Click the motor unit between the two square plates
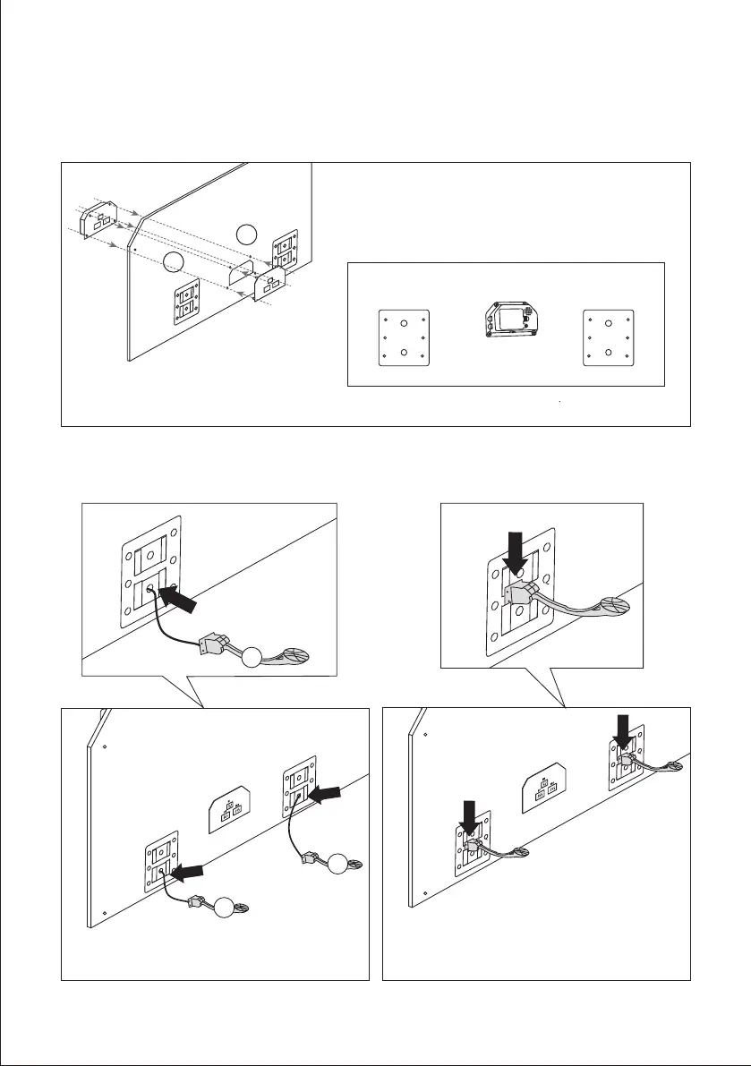point(507,320)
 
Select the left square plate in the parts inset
point(405,337)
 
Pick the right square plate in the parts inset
point(609,337)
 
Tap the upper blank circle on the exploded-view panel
point(249,235)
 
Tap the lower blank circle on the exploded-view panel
point(175,261)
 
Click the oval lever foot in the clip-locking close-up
point(613,607)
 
